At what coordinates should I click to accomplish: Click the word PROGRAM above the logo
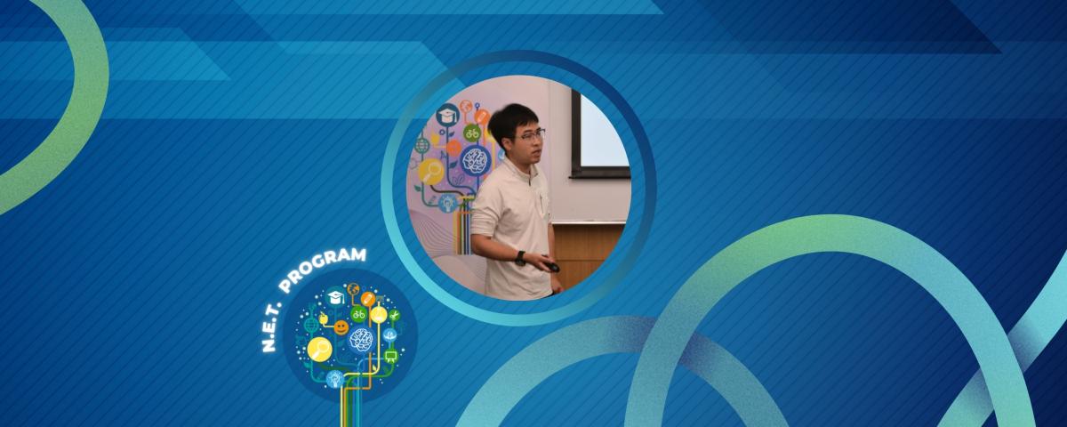point(324,269)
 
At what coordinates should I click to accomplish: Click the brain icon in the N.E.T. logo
point(360,339)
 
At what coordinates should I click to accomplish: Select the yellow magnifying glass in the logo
point(319,350)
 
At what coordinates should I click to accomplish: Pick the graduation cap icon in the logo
point(335,297)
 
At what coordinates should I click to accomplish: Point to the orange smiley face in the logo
point(341,327)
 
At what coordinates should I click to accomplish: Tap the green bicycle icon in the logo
point(359,314)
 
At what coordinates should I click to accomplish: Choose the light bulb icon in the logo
point(334,379)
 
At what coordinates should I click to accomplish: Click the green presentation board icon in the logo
point(389,358)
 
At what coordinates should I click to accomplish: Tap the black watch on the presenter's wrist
point(519,258)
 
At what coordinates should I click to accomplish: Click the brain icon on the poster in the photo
point(474,161)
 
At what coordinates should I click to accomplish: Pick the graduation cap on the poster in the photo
point(446,114)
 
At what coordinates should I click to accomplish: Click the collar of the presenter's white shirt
point(525,172)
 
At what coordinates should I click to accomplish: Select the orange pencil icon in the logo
point(367,299)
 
